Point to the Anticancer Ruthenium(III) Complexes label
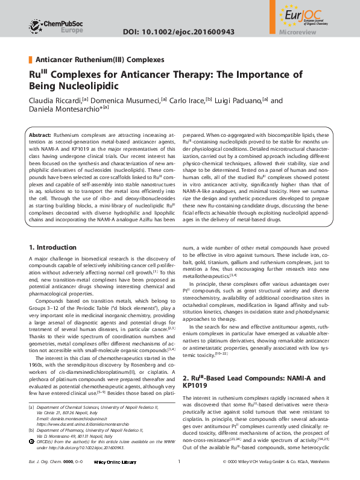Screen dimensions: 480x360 [x=99, y=60]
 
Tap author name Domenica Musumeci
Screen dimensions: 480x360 [x=131, y=100]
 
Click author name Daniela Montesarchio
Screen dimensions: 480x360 [x=65, y=109]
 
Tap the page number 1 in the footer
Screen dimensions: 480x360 [x=180, y=462]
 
